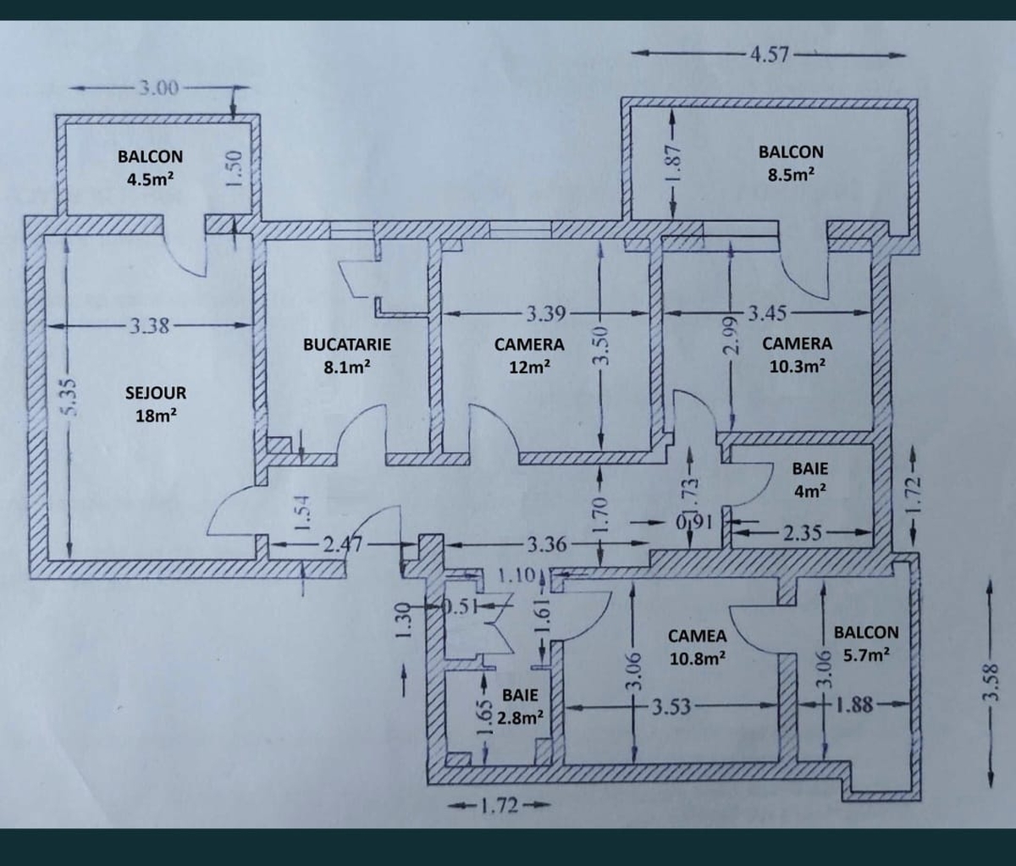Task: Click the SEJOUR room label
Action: [156, 393]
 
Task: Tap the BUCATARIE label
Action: [347, 344]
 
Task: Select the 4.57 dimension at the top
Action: [770, 54]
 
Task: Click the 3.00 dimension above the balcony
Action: [158, 89]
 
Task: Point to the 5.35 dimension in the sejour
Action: [69, 397]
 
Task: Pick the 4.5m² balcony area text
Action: [151, 179]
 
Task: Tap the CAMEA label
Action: [697, 636]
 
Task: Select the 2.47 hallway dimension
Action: [343, 544]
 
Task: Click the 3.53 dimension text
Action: [671, 708]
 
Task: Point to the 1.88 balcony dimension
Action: [855, 705]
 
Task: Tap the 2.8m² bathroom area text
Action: [520, 718]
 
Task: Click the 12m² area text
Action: [529, 367]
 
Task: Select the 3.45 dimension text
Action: [767, 313]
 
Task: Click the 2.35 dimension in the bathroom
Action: [802, 532]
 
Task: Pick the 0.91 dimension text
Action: [694, 522]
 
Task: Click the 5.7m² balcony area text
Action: [867, 654]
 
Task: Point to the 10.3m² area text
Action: [798, 366]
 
